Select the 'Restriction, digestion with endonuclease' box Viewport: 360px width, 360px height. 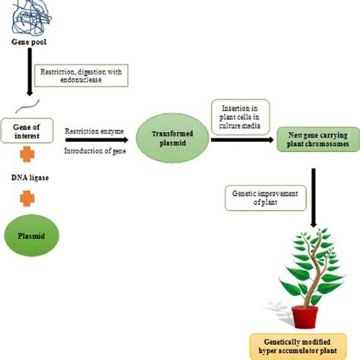click(x=86, y=75)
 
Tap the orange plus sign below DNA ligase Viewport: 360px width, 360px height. click(x=27, y=198)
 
